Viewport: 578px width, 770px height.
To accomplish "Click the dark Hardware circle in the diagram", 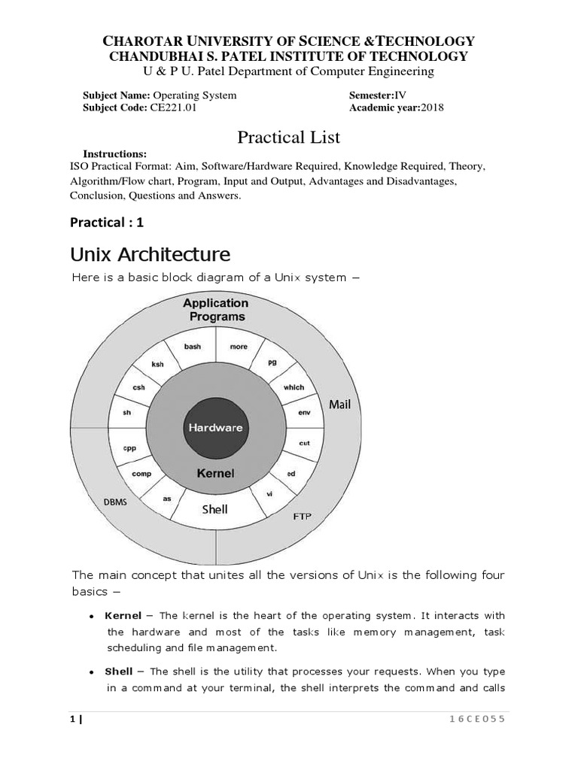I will [x=215, y=427].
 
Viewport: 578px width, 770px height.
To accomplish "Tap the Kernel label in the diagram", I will [x=215, y=474].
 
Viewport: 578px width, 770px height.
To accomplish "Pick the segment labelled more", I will [x=239, y=347].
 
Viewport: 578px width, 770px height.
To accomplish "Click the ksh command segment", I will [x=157, y=364].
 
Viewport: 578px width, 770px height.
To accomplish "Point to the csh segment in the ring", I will [x=138, y=387].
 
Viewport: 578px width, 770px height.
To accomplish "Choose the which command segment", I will [x=294, y=387].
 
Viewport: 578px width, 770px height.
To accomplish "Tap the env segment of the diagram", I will [x=304, y=413].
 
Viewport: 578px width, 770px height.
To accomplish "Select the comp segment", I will [x=141, y=474].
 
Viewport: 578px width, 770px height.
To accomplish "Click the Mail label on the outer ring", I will [x=340, y=405].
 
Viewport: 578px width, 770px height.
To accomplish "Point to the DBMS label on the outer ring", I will [x=115, y=502].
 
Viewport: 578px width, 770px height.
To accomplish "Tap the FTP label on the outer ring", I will [x=301, y=517].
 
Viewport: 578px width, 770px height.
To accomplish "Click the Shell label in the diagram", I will [x=214, y=509].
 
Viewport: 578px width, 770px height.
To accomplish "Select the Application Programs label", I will [x=215, y=310].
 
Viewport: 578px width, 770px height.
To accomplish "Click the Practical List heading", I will [x=289, y=137].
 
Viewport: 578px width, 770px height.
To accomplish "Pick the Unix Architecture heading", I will [x=150, y=253].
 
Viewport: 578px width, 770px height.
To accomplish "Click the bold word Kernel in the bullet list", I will [x=123, y=616].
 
